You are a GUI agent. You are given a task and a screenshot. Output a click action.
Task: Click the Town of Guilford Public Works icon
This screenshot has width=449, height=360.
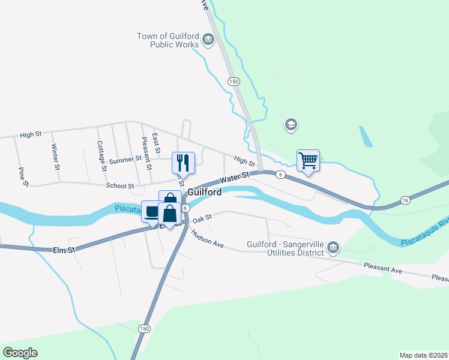click(x=208, y=41)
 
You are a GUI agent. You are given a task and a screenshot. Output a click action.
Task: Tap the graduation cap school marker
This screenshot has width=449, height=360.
click(x=291, y=125)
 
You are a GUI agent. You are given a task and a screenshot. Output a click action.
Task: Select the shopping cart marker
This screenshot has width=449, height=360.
click(x=308, y=160)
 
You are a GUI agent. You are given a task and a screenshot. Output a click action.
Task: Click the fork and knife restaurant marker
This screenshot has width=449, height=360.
click(x=184, y=162)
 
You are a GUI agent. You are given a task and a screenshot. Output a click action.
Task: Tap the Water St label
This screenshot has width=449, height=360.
click(x=234, y=178)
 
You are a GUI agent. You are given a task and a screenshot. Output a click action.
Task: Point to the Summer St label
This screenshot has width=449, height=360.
click(x=125, y=161)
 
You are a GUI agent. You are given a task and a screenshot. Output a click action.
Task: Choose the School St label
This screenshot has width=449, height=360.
click(x=119, y=186)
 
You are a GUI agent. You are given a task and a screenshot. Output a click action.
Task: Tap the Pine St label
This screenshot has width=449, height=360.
click(x=23, y=176)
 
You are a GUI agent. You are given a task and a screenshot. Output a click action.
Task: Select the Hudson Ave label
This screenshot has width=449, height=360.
click(x=208, y=241)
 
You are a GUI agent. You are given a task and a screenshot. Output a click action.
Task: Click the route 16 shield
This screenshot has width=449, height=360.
click(x=406, y=200)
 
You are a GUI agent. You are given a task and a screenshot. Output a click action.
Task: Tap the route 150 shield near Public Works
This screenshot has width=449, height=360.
click(x=234, y=81)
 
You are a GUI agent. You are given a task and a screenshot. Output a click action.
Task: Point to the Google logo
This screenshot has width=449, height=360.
click(x=20, y=352)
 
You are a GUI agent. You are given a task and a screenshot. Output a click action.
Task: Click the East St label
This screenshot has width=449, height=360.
click(x=155, y=142)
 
